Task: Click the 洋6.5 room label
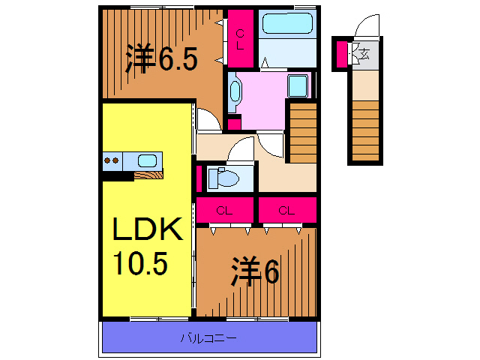point(160,59)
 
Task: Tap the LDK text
point(148,229)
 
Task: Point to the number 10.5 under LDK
point(140,263)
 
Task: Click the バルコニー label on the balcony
point(208,338)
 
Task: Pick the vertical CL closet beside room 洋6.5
point(240,38)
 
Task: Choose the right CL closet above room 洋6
point(286,210)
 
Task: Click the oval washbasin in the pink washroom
point(235,91)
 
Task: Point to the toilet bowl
point(224,178)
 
